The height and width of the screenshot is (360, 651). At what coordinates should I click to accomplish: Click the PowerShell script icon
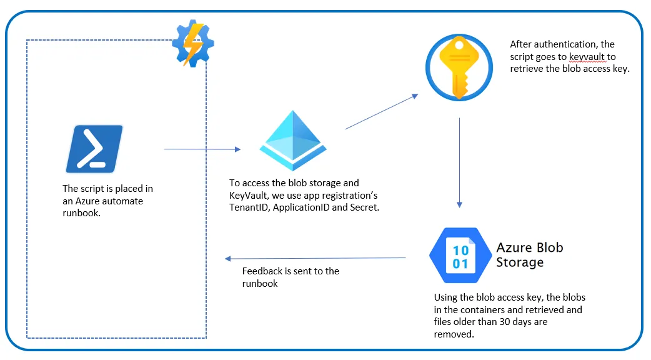(94, 149)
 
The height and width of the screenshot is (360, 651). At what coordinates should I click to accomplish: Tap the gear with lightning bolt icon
(193, 43)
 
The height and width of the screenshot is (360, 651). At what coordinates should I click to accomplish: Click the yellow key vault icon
(459, 67)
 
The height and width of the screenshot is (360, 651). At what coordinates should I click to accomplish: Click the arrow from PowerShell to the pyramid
(202, 149)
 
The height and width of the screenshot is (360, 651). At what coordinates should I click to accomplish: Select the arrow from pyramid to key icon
(381, 112)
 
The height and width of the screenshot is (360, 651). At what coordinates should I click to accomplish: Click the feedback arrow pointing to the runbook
(316, 258)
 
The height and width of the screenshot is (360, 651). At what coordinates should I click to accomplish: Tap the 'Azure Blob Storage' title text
(529, 254)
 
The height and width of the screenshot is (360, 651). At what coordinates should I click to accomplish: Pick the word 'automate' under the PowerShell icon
(122, 201)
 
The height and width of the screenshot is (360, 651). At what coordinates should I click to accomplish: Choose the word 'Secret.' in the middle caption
(362, 207)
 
